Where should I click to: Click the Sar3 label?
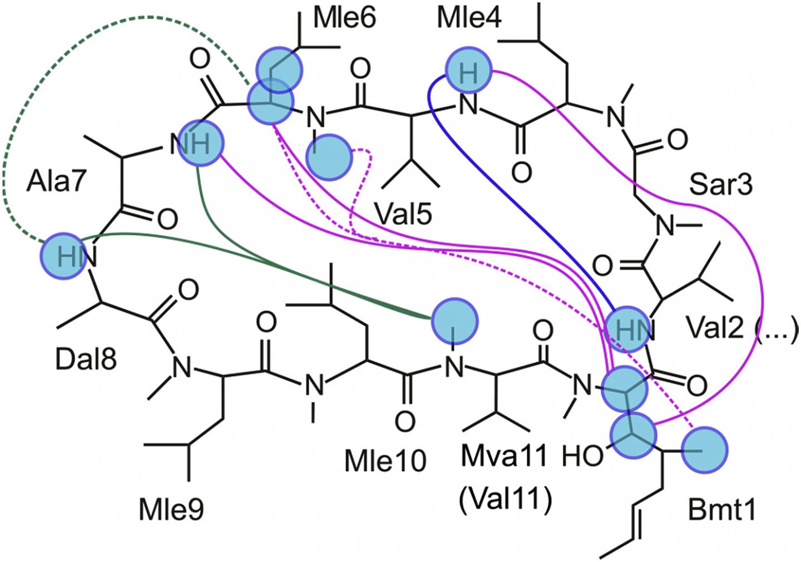[x=720, y=185]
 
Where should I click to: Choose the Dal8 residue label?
[x=86, y=360]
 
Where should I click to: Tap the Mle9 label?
[x=172, y=507]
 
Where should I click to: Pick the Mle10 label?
[x=385, y=461]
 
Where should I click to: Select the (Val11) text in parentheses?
[x=505, y=499]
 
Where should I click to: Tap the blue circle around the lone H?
[x=468, y=73]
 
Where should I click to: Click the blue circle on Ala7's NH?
[x=200, y=143]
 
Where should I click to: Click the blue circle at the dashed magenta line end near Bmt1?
[x=704, y=450]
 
